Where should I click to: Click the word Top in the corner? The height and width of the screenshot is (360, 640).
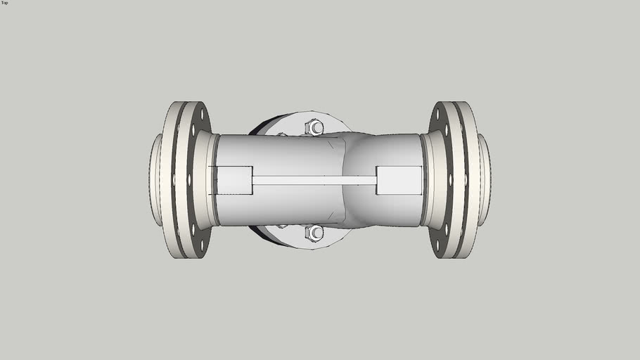point(5,3)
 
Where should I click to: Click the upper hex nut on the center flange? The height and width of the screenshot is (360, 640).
point(314,127)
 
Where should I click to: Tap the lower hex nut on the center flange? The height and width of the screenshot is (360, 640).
point(314,233)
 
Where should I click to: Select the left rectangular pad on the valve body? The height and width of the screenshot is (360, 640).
point(234,180)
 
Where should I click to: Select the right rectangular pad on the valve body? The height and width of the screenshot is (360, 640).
point(399,180)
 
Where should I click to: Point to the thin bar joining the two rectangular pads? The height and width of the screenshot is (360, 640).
point(314,180)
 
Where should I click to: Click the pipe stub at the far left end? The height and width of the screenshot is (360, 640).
point(155,180)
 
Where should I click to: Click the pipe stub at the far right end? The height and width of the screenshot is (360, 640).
point(485,180)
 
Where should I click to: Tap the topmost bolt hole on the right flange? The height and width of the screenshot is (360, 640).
point(437,112)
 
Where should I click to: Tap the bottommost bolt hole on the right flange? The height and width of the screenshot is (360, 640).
point(437,247)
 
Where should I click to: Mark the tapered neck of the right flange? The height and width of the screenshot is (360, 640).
point(431,180)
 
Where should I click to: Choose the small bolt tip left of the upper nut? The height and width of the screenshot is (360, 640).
point(282,134)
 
